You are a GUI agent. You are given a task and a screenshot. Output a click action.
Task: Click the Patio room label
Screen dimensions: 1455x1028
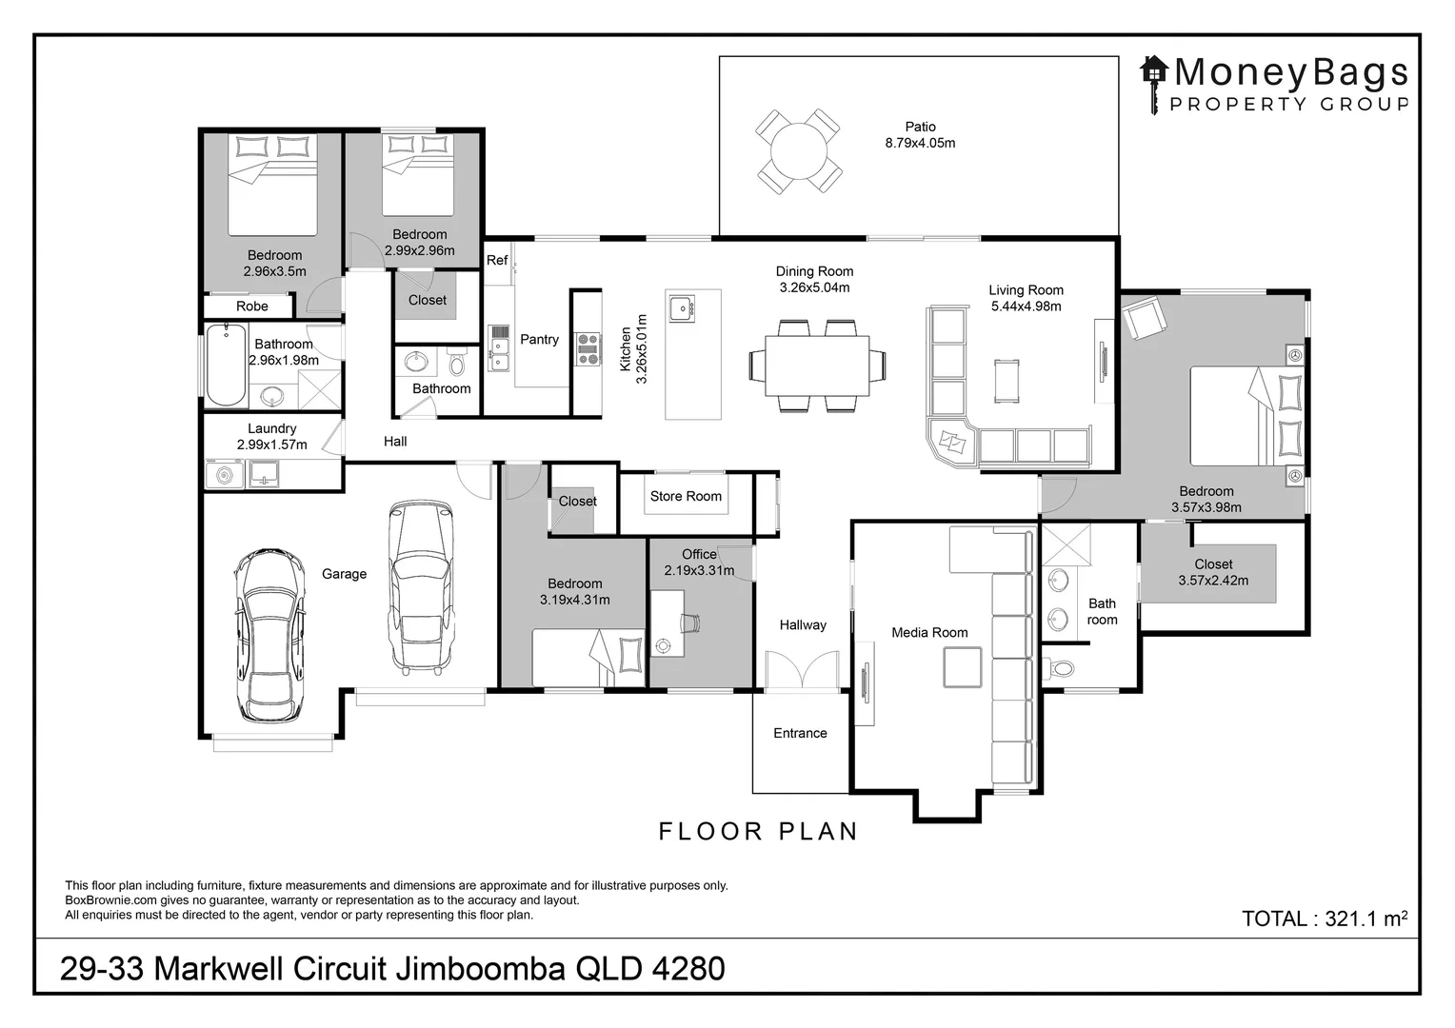[x=921, y=127]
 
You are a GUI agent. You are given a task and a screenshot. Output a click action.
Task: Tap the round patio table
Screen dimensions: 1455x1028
[x=798, y=151]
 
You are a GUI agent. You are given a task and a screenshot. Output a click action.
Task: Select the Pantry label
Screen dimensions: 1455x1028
[x=539, y=339]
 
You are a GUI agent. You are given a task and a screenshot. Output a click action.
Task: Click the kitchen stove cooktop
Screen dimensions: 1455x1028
[x=588, y=350]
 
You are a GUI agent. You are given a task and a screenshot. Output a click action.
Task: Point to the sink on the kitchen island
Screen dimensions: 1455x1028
[x=682, y=308]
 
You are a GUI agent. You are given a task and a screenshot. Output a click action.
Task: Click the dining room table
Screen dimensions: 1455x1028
[x=817, y=366]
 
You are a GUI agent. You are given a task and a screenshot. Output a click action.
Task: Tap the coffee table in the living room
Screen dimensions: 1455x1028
[x=1007, y=381]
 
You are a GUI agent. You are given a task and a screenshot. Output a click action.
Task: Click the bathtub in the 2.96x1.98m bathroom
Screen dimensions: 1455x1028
[x=226, y=365]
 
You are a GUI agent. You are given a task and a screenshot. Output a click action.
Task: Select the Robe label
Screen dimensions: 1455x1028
[x=252, y=306]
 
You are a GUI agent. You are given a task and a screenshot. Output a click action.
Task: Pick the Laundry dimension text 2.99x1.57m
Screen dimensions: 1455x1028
[x=271, y=445]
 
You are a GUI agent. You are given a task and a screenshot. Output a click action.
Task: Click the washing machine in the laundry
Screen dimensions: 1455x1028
[x=224, y=475]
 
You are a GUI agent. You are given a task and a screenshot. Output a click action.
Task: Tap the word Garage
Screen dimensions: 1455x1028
[x=345, y=574]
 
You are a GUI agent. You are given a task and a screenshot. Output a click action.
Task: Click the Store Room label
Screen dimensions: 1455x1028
[x=686, y=496]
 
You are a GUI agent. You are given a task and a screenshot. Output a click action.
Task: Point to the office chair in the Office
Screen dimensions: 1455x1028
[x=690, y=623]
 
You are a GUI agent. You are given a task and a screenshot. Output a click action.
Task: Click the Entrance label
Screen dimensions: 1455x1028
[x=800, y=733]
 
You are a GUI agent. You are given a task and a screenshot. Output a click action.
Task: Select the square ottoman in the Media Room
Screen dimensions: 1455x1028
[x=963, y=667]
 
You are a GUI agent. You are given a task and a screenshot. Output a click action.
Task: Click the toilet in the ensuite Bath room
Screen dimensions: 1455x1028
[x=1060, y=667]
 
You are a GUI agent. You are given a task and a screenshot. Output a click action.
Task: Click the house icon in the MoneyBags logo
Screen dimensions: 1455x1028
[x=1153, y=70]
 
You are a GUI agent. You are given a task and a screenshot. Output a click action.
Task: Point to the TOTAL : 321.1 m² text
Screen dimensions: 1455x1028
[x=1325, y=919]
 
